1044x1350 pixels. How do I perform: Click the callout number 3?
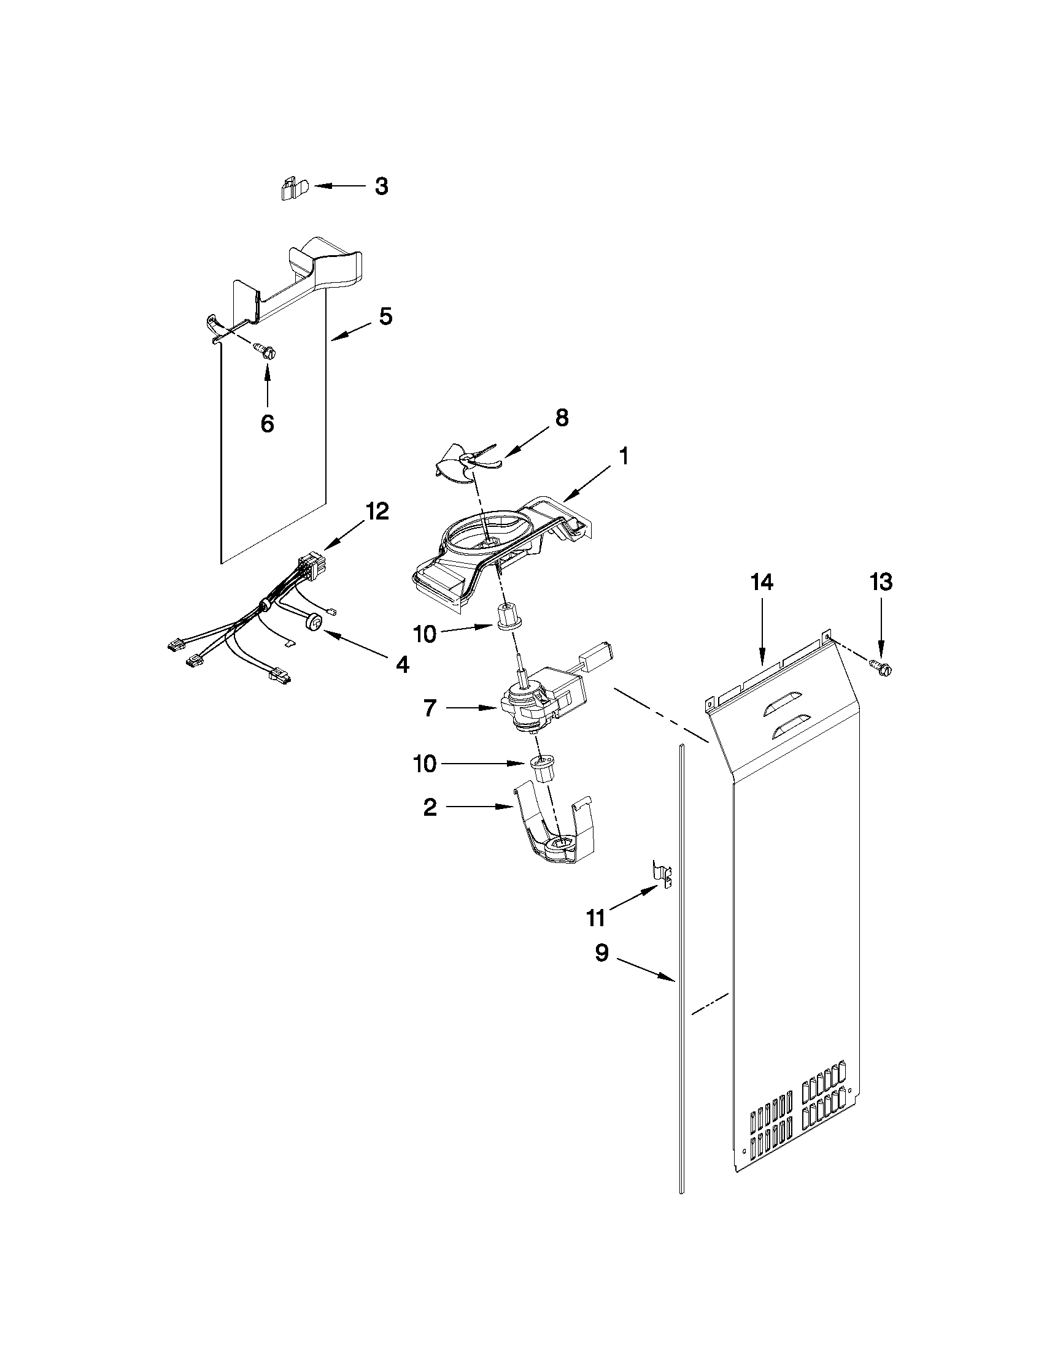(x=382, y=186)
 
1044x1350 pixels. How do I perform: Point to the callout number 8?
(x=561, y=418)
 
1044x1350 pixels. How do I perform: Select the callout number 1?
(x=624, y=457)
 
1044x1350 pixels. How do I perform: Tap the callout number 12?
(x=378, y=512)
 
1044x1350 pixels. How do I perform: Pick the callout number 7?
(x=430, y=708)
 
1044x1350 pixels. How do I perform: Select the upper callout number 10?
(x=425, y=634)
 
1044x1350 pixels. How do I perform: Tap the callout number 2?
(x=430, y=807)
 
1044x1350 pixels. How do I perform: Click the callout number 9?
(x=601, y=953)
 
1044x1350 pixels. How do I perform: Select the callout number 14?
(x=761, y=582)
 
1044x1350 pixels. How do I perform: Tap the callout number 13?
(x=881, y=581)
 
